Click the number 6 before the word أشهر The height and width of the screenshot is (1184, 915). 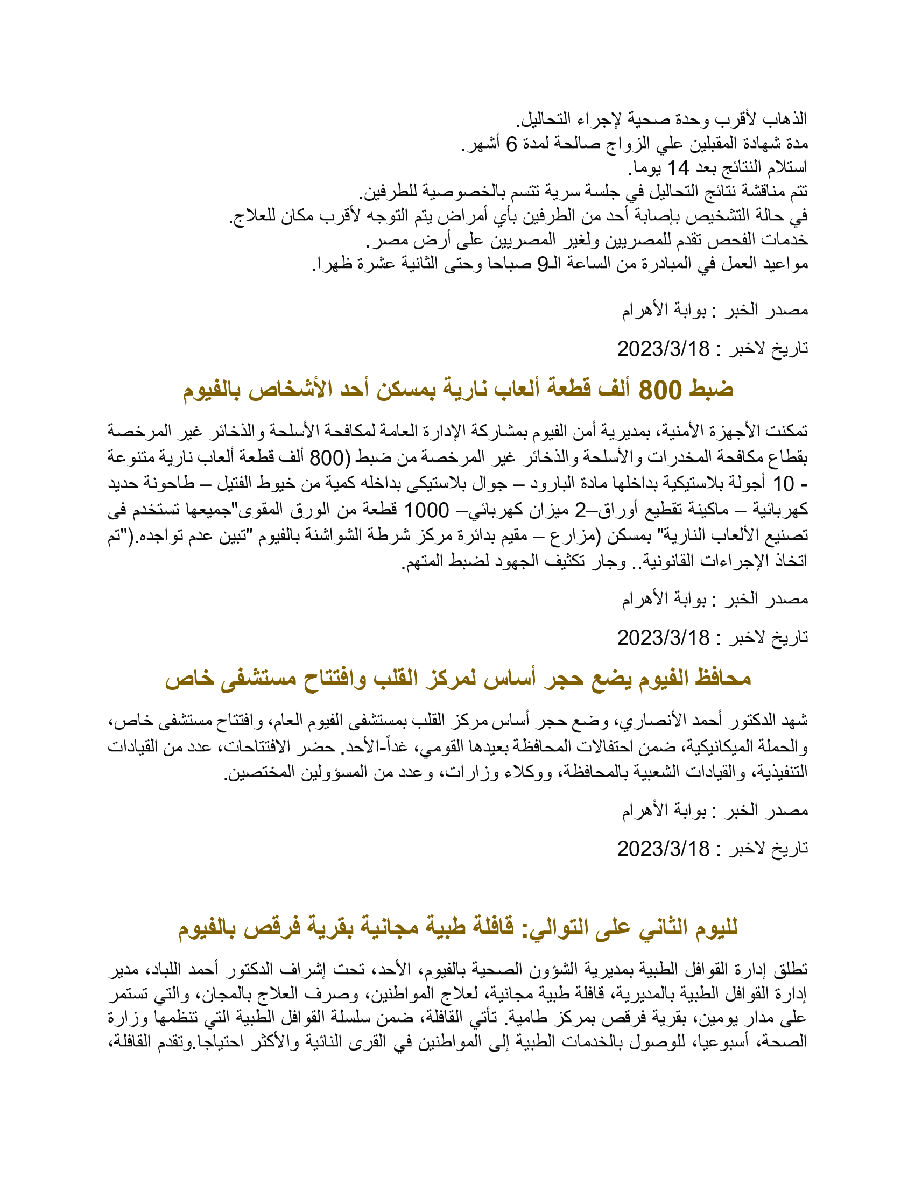(x=512, y=144)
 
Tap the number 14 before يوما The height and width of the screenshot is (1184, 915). (x=678, y=168)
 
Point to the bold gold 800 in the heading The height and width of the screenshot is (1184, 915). (x=660, y=390)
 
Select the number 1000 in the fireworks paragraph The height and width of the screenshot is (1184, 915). (x=427, y=510)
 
